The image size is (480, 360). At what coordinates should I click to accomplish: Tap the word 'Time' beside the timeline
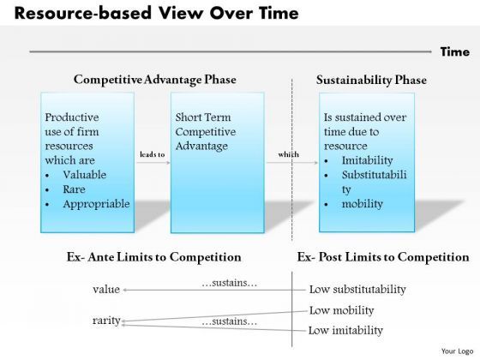click(454, 52)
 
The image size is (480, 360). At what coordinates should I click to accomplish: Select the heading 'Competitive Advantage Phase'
click(155, 80)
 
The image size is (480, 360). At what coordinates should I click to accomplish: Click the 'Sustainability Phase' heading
click(371, 80)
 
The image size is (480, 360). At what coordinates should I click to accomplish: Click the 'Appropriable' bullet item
click(97, 204)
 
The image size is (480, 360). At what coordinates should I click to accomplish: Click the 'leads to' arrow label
click(152, 155)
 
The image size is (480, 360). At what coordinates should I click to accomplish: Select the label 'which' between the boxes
click(290, 155)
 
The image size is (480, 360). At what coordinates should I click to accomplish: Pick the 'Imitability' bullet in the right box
click(367, 160)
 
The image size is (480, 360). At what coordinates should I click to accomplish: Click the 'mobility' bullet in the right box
click(363, 204)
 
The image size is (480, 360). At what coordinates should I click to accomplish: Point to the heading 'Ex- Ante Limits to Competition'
click(153, 257)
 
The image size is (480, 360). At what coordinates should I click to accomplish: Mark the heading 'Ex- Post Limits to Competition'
click(382, 257)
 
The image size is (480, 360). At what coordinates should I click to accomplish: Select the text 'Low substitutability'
click(357, 289)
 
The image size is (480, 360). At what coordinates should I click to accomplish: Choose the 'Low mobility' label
click(341, 309)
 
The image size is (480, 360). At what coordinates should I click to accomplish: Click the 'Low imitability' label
click(345, 330)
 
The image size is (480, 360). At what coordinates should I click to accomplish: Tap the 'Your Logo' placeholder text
click(455, 351)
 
